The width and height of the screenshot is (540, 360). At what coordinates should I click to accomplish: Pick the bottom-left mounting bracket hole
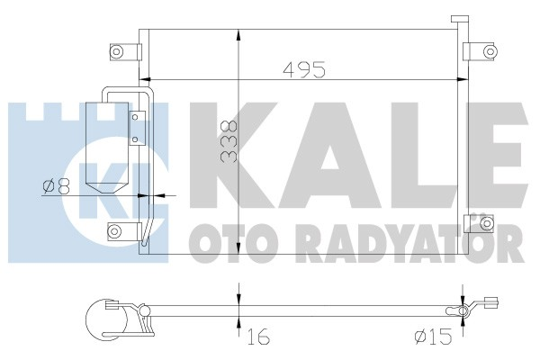coord(114,231)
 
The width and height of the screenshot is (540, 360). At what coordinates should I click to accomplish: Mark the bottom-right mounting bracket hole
coord(483,222)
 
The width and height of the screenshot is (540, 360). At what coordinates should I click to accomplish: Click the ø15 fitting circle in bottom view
coord(463,311)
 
